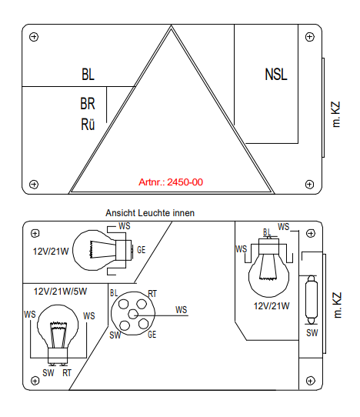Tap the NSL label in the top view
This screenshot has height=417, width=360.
(276, 74)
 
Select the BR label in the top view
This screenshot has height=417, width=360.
(88, 103)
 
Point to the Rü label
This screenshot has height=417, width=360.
(88, 124)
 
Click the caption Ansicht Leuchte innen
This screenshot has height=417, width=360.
(150, 213)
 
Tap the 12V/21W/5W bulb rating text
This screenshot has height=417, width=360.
(60, 292)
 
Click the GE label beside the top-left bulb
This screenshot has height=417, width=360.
(142, 250)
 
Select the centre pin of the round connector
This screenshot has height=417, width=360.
(132, 315)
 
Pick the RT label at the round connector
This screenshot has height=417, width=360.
(152, 294)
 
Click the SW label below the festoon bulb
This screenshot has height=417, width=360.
(312, 333)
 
